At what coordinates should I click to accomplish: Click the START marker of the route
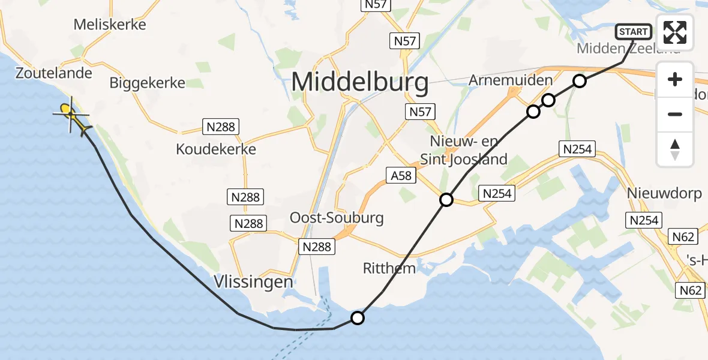634,32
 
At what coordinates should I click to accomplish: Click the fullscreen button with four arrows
675,32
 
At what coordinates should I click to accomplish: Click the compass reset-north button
675,149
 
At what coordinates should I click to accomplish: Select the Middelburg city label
360,83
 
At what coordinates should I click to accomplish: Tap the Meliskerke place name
110,25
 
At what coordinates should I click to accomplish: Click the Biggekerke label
148,83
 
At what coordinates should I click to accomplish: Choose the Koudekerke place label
216,149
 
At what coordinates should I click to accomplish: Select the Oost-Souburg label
337,218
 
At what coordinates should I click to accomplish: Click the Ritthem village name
389,268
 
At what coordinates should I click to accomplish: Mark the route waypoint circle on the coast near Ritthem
358,318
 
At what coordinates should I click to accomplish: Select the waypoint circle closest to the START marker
579,81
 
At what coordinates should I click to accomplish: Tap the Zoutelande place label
54,73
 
